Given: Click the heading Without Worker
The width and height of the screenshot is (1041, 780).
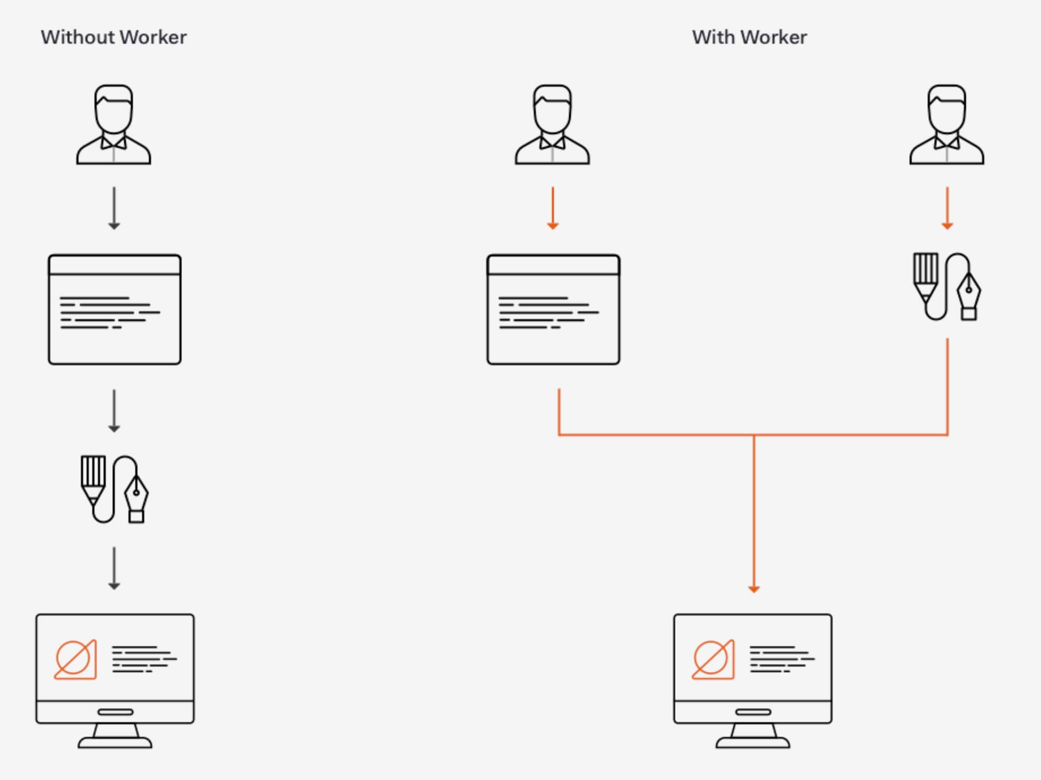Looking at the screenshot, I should point(114,37).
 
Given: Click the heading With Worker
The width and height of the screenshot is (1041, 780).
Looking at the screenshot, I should point(749,37).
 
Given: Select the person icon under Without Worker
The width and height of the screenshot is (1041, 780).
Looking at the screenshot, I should point(114,125).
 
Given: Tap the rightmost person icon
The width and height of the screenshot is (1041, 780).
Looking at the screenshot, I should point(946,125).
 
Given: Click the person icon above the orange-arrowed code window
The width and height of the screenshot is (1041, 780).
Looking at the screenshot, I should point(552,125).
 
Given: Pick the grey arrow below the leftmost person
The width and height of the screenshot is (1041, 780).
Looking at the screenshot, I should point(114,207).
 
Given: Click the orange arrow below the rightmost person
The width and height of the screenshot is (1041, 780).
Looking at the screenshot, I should point(947,207).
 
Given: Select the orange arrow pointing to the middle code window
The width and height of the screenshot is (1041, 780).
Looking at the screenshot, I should point(553,207).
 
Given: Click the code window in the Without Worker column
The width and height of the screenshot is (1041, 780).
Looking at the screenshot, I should point(115,310).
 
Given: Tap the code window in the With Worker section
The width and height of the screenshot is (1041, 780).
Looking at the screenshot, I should point(553,310).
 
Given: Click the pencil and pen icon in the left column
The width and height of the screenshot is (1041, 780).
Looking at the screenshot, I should point(115,489).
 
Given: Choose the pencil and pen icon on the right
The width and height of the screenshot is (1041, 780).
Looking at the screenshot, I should point(947,287).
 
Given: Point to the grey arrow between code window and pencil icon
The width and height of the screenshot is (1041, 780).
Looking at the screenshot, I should point(114,411).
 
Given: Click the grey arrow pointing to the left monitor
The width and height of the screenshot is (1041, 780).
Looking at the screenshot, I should point(114,568).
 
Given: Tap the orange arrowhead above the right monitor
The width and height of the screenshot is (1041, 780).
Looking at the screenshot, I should point(754,588).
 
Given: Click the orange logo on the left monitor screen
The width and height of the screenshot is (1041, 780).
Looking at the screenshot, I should point(76,659).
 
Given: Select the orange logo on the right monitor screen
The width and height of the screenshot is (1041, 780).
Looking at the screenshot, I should point(714,659).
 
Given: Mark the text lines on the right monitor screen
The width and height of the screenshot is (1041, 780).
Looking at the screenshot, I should point(782,659).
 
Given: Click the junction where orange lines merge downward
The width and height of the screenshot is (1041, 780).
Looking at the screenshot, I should point(754,436).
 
